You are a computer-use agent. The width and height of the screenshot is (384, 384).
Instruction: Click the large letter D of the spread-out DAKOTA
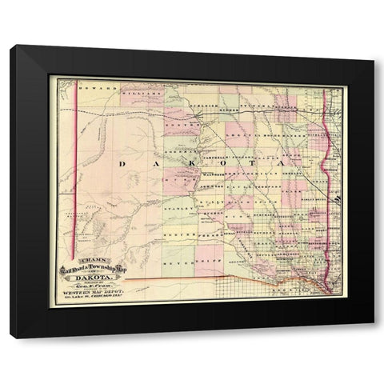pos(122,163)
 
